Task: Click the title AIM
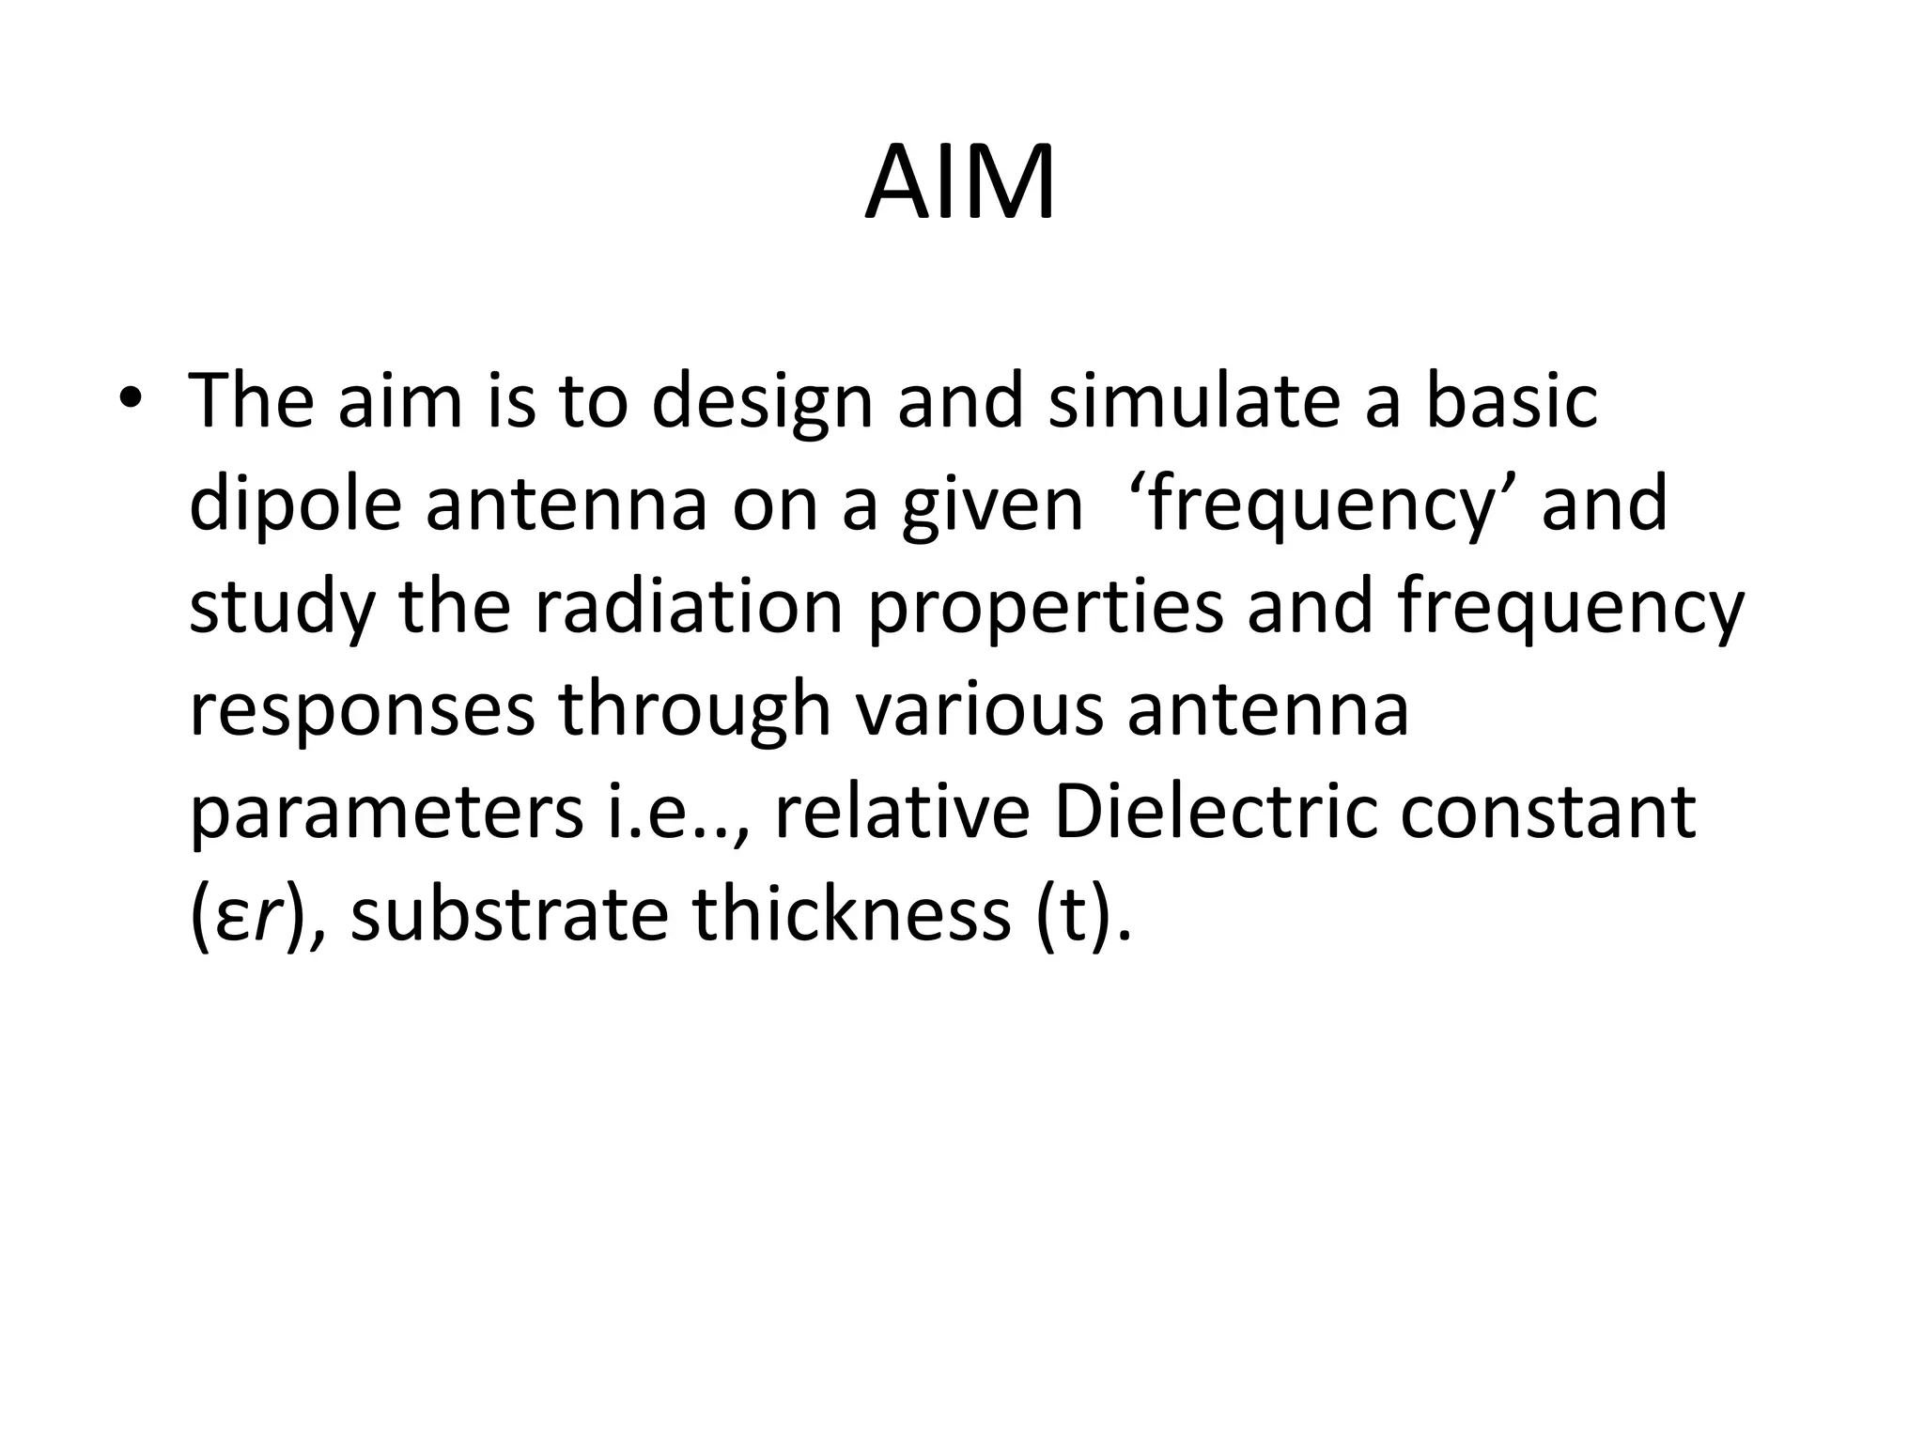pyautogui.click(x=960, y=185)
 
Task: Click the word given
pyautogui.click(x=992, y=505)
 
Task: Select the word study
pyautogui.click(x=282, y=609)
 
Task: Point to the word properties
pyautogui.click(x=1045, y=609)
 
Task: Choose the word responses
pyautogui.click(x=362, y=711)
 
